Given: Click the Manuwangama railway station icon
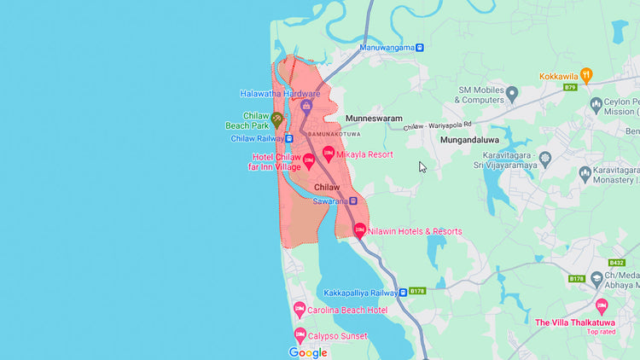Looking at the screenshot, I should (x=419, y=48).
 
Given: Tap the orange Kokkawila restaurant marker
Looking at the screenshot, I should (x=585, y=75).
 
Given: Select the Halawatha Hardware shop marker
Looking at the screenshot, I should (x=305, y=105).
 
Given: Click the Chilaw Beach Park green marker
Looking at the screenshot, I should (x=276, y=119).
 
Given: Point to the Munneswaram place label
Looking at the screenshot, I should (x=373, y=119).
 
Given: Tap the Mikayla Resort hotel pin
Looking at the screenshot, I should (x=328, y=154).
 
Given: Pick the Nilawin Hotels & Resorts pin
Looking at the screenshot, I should (x=360, y=229).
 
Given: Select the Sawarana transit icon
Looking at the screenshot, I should (x=352, y=201).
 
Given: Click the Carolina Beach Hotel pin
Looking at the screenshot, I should (x=300, y=309).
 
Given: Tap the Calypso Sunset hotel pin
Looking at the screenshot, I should (x=300, y=335).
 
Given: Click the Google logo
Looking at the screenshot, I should (x=308, y=352).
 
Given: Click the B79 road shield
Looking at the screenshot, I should (x=570, y=87).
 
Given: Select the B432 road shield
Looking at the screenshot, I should (x=618, y=263).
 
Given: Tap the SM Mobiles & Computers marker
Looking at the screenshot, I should (x=512, y=92).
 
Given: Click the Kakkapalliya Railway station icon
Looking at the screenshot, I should (x=403, y=292).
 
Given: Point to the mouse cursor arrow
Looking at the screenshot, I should (x=422, y=166).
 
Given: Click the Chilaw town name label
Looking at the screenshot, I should (x=328, y=187).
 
